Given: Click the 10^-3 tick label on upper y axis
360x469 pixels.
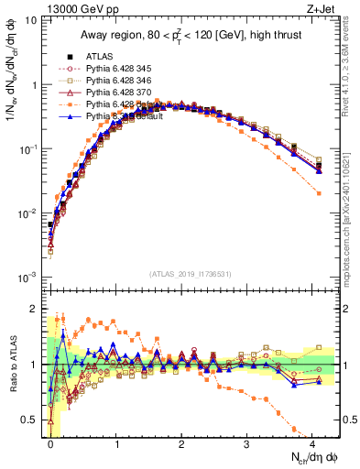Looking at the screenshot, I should coord(27,277).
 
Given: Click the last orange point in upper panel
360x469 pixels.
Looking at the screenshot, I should coord(319,193).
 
